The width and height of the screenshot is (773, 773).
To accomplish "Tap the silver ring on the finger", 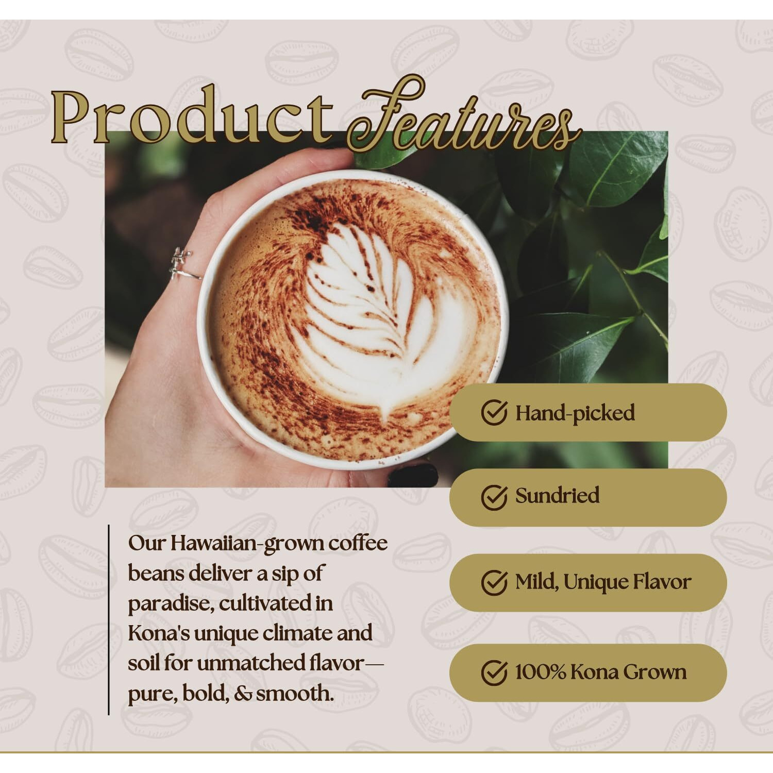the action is click(x=184, y=264).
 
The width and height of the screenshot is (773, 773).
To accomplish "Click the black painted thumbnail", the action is click(x=413, y=475).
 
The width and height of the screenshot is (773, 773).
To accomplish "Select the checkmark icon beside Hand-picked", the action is click(x=494, y=413).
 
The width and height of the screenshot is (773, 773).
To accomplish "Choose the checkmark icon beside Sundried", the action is click(x=494, y=497).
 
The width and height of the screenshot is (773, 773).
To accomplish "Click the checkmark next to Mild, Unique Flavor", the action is click(x=494, y=582).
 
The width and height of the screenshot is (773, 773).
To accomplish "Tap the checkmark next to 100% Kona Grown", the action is click(x=494, y=673).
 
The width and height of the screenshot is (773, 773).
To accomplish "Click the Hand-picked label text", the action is click(x=575, y=413).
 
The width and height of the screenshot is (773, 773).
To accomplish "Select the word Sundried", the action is click(x=558, y=496).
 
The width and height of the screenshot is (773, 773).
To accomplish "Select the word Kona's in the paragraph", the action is click(x=158, y=633).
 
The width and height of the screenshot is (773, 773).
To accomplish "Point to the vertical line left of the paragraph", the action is click(x=109, y=620).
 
